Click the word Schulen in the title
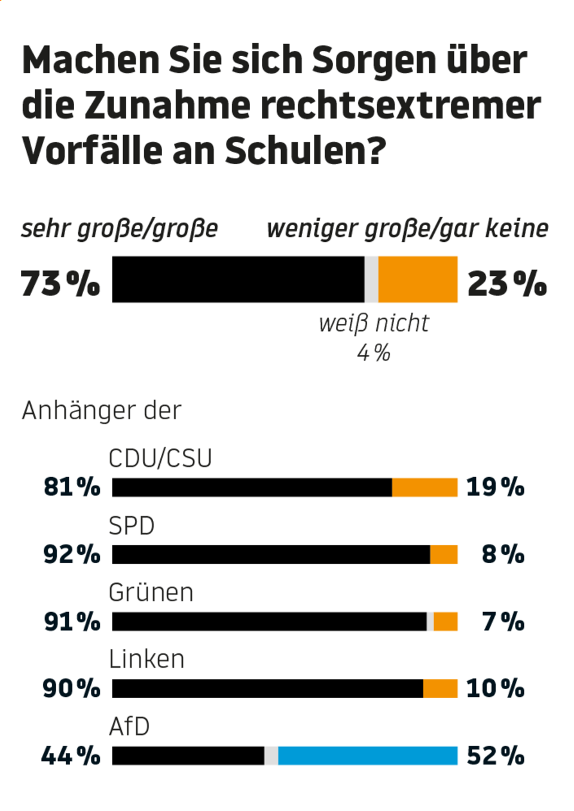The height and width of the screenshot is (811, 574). point(306,150)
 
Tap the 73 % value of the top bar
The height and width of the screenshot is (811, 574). point(60,283)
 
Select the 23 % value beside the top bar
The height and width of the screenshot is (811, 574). point(507,283)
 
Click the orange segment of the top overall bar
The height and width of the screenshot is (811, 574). point(418,279)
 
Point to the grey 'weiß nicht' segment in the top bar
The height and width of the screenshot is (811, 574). point(371,279)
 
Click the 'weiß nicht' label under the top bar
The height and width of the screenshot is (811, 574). point(374,323)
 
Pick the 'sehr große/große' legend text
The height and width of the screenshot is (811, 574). point(120,229)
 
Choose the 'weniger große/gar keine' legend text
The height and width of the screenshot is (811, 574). point(407,229)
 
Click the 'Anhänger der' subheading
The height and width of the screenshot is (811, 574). point(102,411)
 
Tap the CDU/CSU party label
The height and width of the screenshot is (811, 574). point(160,459)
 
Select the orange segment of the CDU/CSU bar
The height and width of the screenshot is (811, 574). point(425,487)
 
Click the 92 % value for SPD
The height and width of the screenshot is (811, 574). point(72,554)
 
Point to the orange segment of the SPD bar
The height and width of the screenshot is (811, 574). point(444,554)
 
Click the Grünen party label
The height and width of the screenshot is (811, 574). point(151,593)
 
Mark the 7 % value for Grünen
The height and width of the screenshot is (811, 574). point(503,622)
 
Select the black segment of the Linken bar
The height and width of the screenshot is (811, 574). point(267,689)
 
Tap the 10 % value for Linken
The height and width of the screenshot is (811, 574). point(495,689)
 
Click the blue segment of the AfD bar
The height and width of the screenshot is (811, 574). point(368,755)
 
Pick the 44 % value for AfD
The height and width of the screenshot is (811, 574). point(71,756)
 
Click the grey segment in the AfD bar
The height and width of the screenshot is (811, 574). point(271,755)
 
